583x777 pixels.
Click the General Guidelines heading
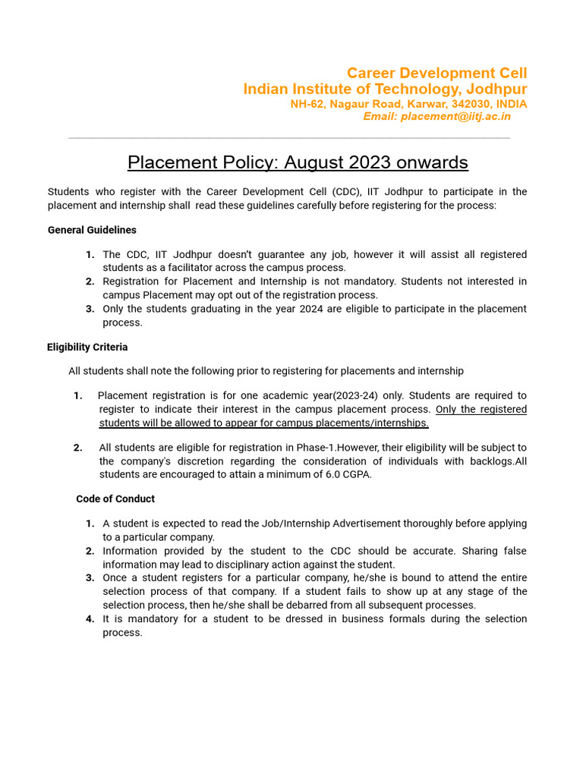(92, 230)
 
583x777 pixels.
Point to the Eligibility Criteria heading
(87, 348)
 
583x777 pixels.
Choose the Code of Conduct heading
(115, 499)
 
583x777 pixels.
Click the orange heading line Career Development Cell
(436, 74)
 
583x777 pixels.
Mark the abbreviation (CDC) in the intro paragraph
(345, 192)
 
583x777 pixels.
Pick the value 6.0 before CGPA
(322, 475)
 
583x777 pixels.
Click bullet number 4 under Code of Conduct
(90, 619)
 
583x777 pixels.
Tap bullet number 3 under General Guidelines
(90, 309)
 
